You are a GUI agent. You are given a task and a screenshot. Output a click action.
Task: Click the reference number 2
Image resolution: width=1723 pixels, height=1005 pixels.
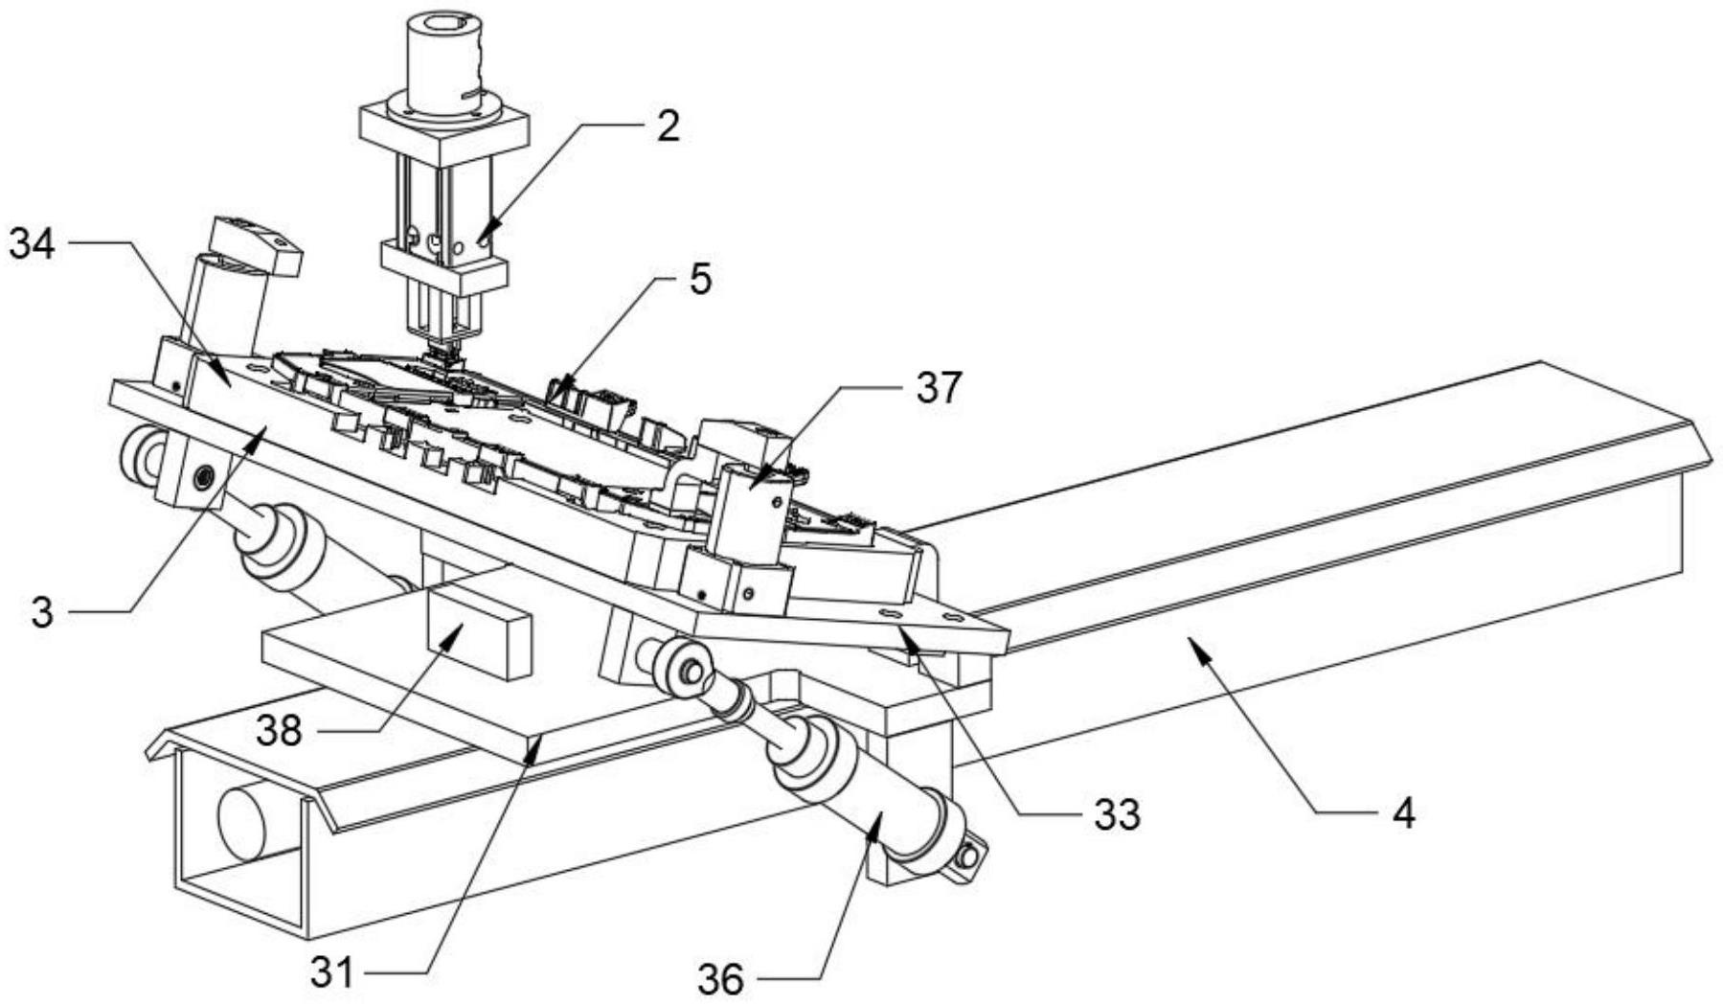tap(668, 126)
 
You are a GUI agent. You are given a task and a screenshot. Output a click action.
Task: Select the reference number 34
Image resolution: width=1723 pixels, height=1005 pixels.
tap(33, 244)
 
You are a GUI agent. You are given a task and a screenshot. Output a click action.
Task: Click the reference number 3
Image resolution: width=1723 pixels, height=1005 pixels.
tap(41, 613)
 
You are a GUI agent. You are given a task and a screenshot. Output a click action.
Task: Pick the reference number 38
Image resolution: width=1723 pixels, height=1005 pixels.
tap(279, 732)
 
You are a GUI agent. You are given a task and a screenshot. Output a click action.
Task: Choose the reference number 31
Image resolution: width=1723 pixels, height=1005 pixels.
tap(332, 974)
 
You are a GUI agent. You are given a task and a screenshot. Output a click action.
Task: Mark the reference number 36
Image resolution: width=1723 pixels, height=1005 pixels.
tap(721, 979)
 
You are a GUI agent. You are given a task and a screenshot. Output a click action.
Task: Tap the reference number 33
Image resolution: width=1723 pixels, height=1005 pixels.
tap(1117, 815)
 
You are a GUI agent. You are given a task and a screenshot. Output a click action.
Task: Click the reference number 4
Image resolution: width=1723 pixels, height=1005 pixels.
tap(1403, 813)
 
